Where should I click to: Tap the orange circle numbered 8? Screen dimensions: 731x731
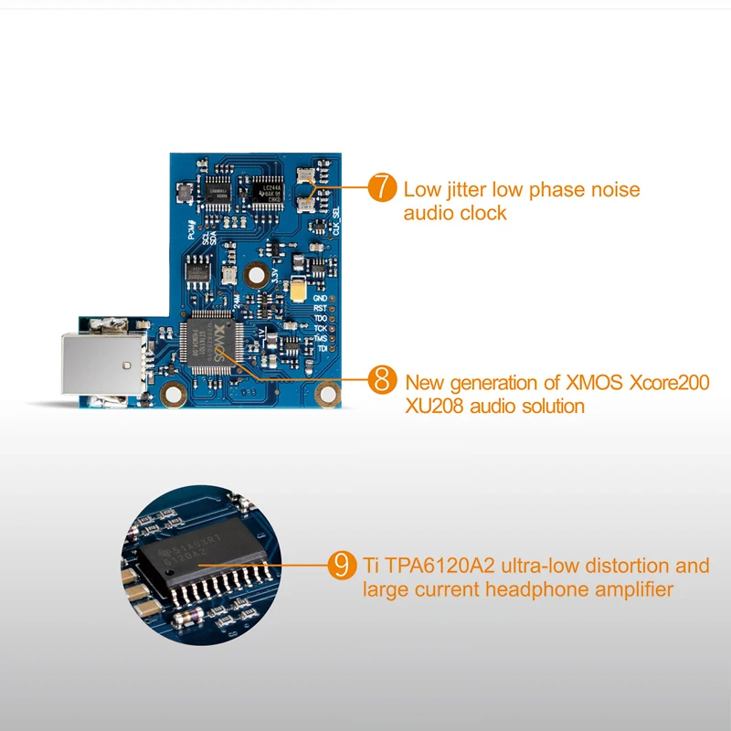[x=382, y=380]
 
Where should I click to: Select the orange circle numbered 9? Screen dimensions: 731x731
[x=341, y=565]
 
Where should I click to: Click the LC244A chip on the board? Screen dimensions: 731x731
[x=271, y=189]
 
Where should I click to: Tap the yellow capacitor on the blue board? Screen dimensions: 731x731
[x=299, y=292]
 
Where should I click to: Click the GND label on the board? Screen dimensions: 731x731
[x=319, y=299]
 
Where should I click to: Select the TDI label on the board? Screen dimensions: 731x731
[x=321, y=349]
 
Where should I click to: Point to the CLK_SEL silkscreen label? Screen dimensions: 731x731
[x=335, y=218]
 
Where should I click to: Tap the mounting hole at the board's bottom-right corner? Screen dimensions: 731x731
[x=323, y=395]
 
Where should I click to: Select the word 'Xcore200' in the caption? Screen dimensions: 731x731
[x=670, y=383]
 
